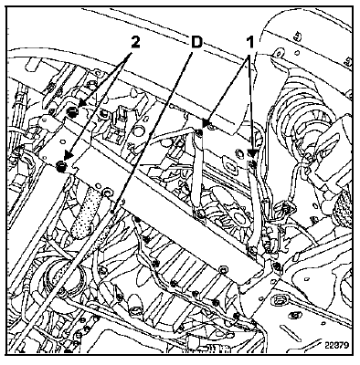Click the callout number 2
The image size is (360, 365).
pos(135,42)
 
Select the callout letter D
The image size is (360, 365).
pos(196,42)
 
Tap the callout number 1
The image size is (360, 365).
pos(249,42)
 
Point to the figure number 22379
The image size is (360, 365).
pos(336,346)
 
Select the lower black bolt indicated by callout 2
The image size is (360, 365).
pos(62,166)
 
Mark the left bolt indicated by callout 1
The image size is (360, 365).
pos(199,131)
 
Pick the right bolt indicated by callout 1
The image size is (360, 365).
pos(253,164)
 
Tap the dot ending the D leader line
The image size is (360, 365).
pos(113,211)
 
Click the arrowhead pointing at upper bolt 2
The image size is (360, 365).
pos(81,104)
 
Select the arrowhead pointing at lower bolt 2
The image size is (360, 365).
pos(68,156)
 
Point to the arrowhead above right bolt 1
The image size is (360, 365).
pos(252,153)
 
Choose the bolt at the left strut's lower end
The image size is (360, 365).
pos(200,214)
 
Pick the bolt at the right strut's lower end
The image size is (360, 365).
pos(252,250)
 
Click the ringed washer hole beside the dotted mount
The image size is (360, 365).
pos(106,192)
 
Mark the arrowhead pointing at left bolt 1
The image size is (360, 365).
pos(206,123)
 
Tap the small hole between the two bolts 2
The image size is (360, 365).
pos(63,141)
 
